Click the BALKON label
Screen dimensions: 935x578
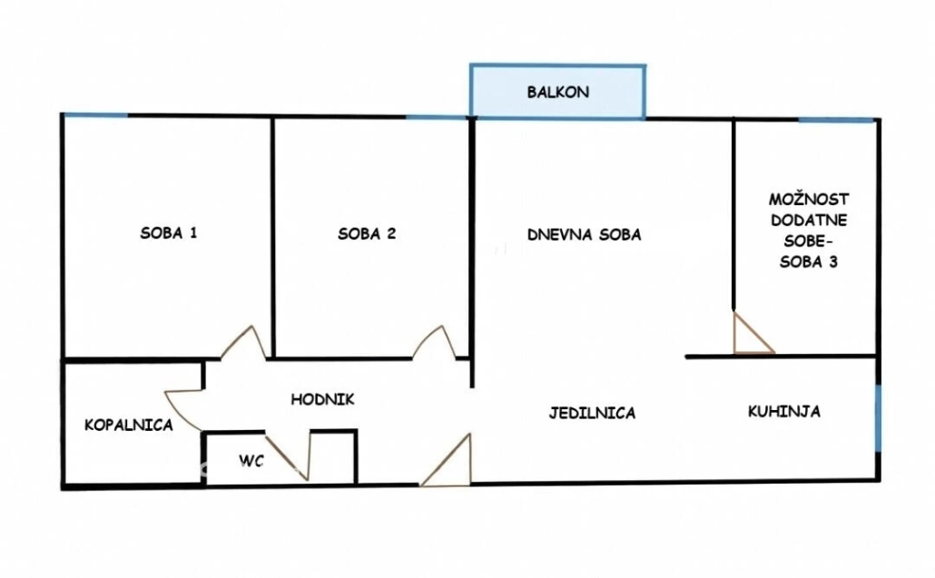pyautogui.click(x=557, y=93)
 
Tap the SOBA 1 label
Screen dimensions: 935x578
pyautogui.click(x=168, y=233)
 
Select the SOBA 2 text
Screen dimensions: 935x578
pyautogui.click(x=367, y=233)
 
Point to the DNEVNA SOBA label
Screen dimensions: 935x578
pyautogui.click(x=584, y=235)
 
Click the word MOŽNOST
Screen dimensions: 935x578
pyautogui.click(x=809, y=199)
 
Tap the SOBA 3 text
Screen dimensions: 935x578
pyautogui.click(x=809, y=261)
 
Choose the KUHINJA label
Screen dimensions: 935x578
pyautogui.click(x=783, y=411)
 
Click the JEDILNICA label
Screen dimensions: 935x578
pyautogui.click(x=592, y=413)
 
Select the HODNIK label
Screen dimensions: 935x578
pyautogui.click(x=322, y=399)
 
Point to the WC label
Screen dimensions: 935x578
pyautogui.click(x=251, y=461)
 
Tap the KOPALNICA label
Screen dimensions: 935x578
pyautogui.click(x=129, y=425)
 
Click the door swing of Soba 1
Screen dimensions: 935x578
pyautogui.click(x=244, y=344)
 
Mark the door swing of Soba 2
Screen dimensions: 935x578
pyautogui.click(x=434, y=343)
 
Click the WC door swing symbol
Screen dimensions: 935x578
pyautogui.click(x=289, y=456)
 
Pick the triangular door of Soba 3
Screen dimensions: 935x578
pyautogui.click(x=753, y=333)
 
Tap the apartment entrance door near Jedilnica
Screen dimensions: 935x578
pyautogui.click(x=447, y=460)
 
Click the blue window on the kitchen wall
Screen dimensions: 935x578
pyautogui.click(x=877, y=418)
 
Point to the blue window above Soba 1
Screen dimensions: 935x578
pyautogui.click(x=95, y=115)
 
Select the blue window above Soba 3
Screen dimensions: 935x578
pyautogui.click(x=837, y=121)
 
